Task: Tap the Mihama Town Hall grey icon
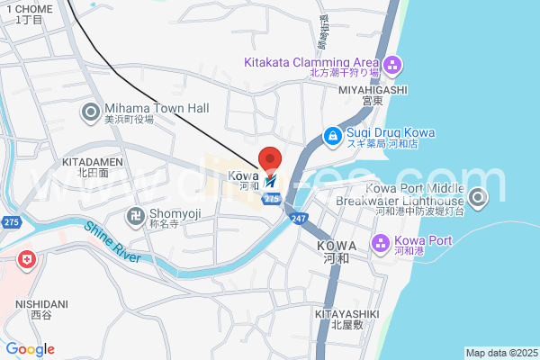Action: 91,112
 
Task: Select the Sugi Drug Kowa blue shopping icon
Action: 332,137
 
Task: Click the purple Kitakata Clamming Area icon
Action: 392,65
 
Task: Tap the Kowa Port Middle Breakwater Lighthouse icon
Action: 477,197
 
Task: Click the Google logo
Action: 30,349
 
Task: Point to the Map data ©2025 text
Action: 500,353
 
